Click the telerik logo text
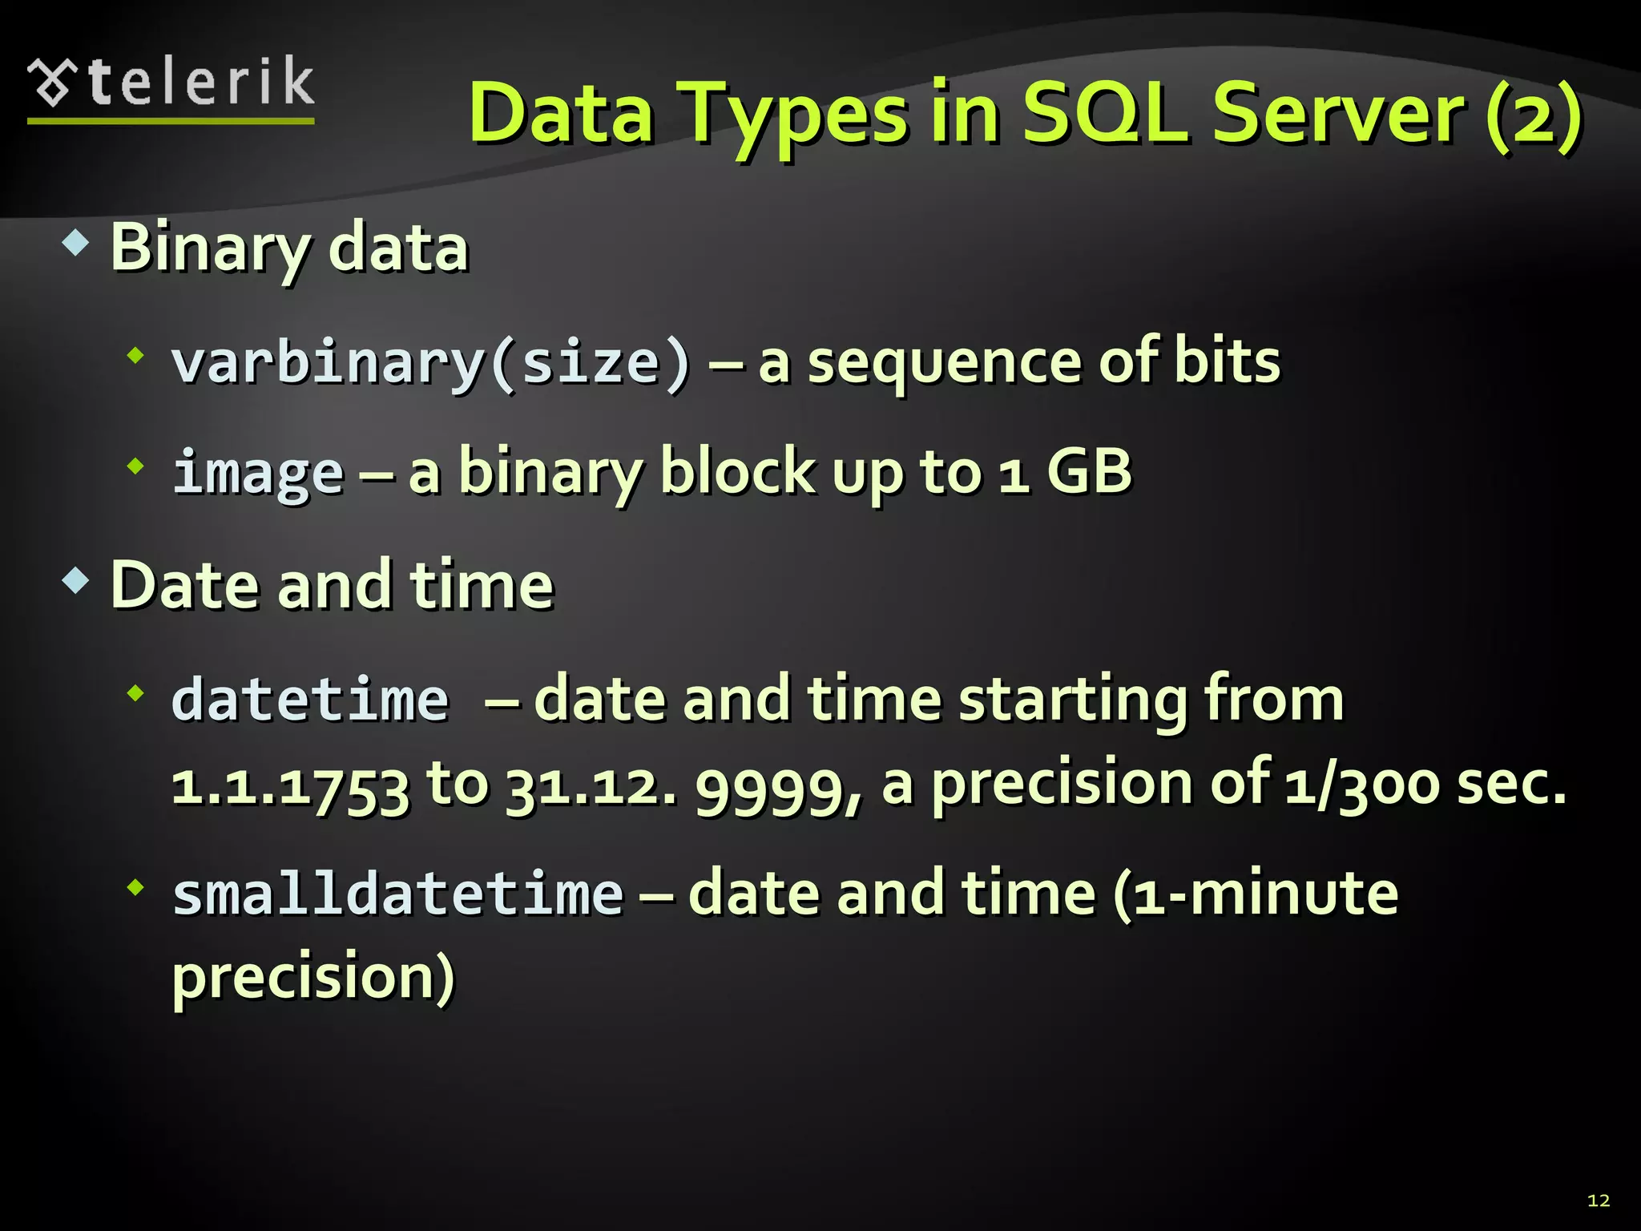[200, 83]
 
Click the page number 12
[1599, 1200]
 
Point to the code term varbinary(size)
[430, 363]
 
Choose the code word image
[258, 473]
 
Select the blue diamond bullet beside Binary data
[75, 243]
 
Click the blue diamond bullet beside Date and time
[75, 580]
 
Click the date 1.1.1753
[290, 785]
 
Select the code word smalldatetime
[397, 894]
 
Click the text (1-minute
[1255, 894]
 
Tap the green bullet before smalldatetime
[135, 886]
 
